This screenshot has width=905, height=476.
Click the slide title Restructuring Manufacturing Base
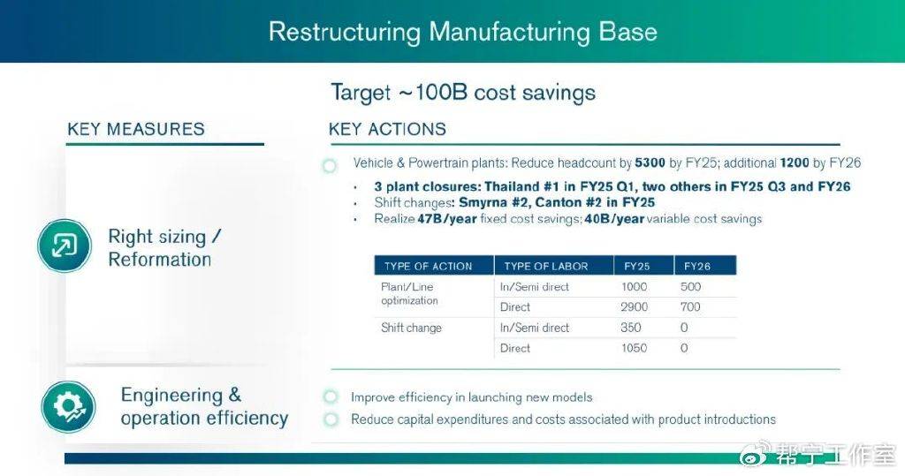point(463,31)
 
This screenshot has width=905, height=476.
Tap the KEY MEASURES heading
point(136,129)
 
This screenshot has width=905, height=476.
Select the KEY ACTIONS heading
point(387,129)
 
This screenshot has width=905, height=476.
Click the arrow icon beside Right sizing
point(64,246)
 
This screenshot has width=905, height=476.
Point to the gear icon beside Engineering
point(68,407)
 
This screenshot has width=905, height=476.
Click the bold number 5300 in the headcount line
point(650,163)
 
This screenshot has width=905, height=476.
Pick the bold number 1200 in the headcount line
point(795,163)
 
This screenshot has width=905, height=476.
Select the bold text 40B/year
point(614,219)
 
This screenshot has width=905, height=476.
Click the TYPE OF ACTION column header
point(429,267)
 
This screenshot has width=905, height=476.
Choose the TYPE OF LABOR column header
point(546,267)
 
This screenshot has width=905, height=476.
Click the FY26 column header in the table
point(697,267)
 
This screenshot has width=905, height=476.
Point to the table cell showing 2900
point(635,307)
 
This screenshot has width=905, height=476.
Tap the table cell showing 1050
point(634,348)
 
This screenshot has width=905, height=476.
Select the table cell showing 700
point(690,307)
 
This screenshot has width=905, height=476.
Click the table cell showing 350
point(631,328)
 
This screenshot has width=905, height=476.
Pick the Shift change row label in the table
point(411,329)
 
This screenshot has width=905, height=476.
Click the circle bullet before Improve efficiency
point(331,397)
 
